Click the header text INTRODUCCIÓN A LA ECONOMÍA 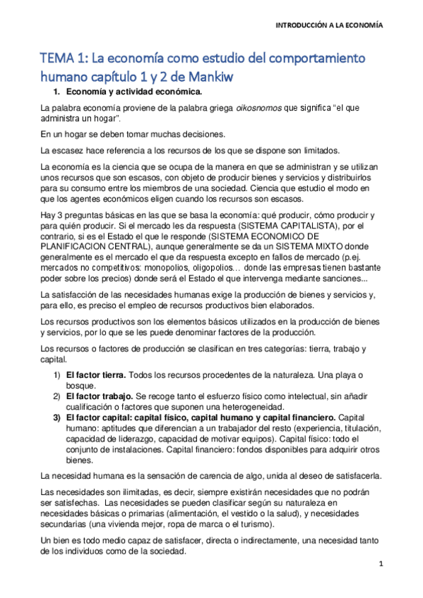click(x=330, y=24)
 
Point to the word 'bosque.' click(x=80, y=384)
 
